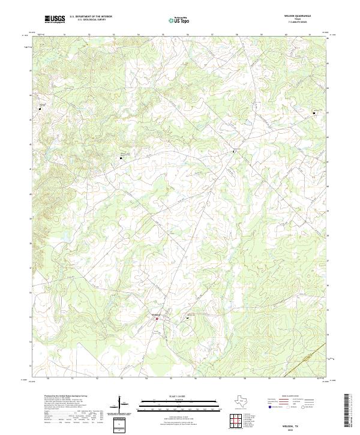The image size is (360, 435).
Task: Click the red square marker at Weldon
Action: [157, 319]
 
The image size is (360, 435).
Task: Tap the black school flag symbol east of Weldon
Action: [188, 318]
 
